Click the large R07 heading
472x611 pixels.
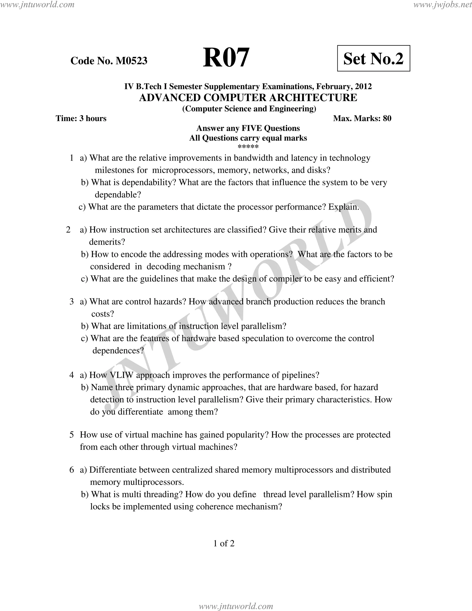coord(226,58)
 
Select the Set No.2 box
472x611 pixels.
coord(373,58)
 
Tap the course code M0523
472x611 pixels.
coord(131,61)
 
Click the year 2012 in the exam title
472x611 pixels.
coord(363,86)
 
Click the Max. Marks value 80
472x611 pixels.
coord(387,118)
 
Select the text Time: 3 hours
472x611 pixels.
coord(81,118)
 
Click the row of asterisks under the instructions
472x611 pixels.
coord(248,147)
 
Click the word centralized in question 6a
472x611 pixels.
coord(192,470)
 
